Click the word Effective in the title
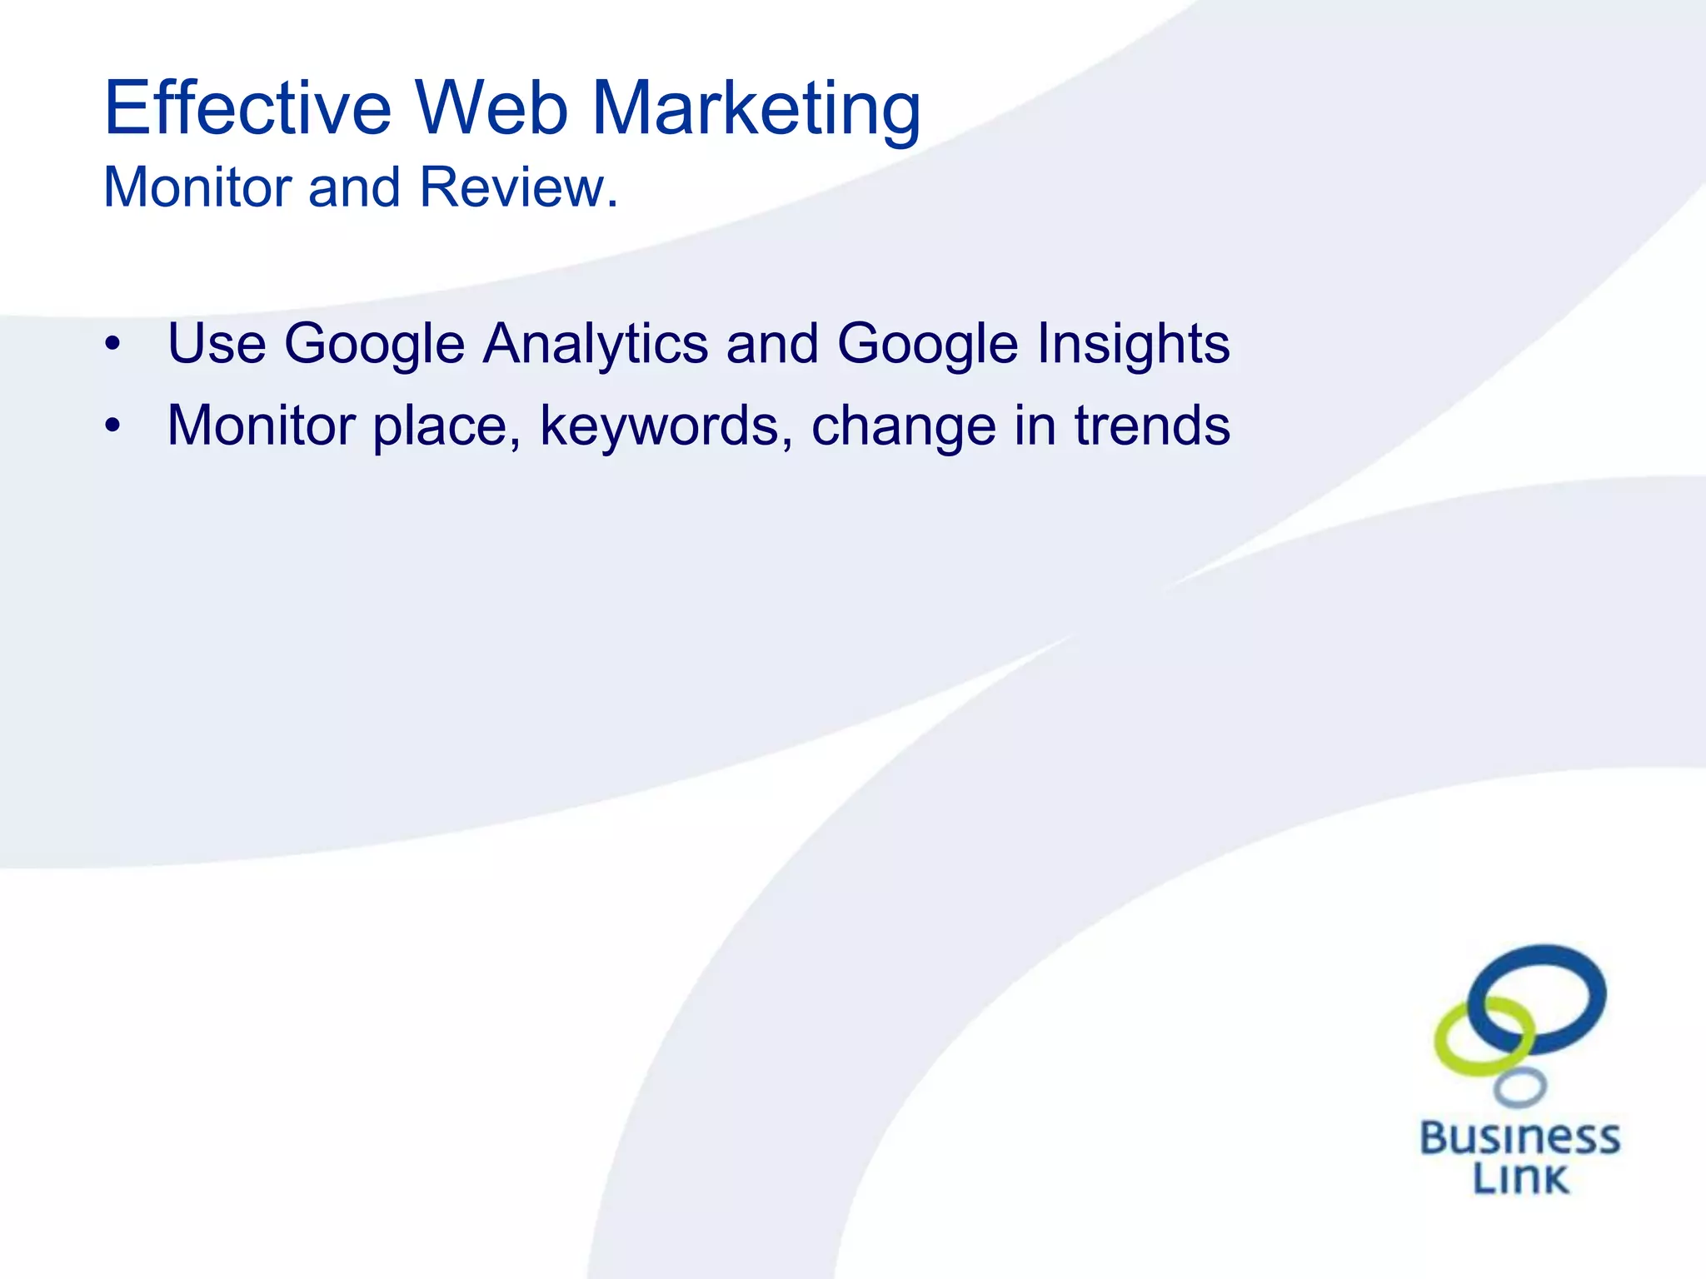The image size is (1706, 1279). coord(247,108)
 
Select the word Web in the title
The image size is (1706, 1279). coord(491,108)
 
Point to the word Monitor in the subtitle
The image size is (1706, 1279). coord(197,187)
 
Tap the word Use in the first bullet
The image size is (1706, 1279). coord(216,343)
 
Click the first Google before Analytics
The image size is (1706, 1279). coord(374,344)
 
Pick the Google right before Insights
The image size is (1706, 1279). coord(927,344)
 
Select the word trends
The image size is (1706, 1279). coord(1151,425)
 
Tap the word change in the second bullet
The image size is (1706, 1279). coord(903,426)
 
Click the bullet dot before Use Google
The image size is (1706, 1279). coord(113,344)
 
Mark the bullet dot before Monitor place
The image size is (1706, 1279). coord(113,426)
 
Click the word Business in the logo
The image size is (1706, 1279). coord(1519,1138)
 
